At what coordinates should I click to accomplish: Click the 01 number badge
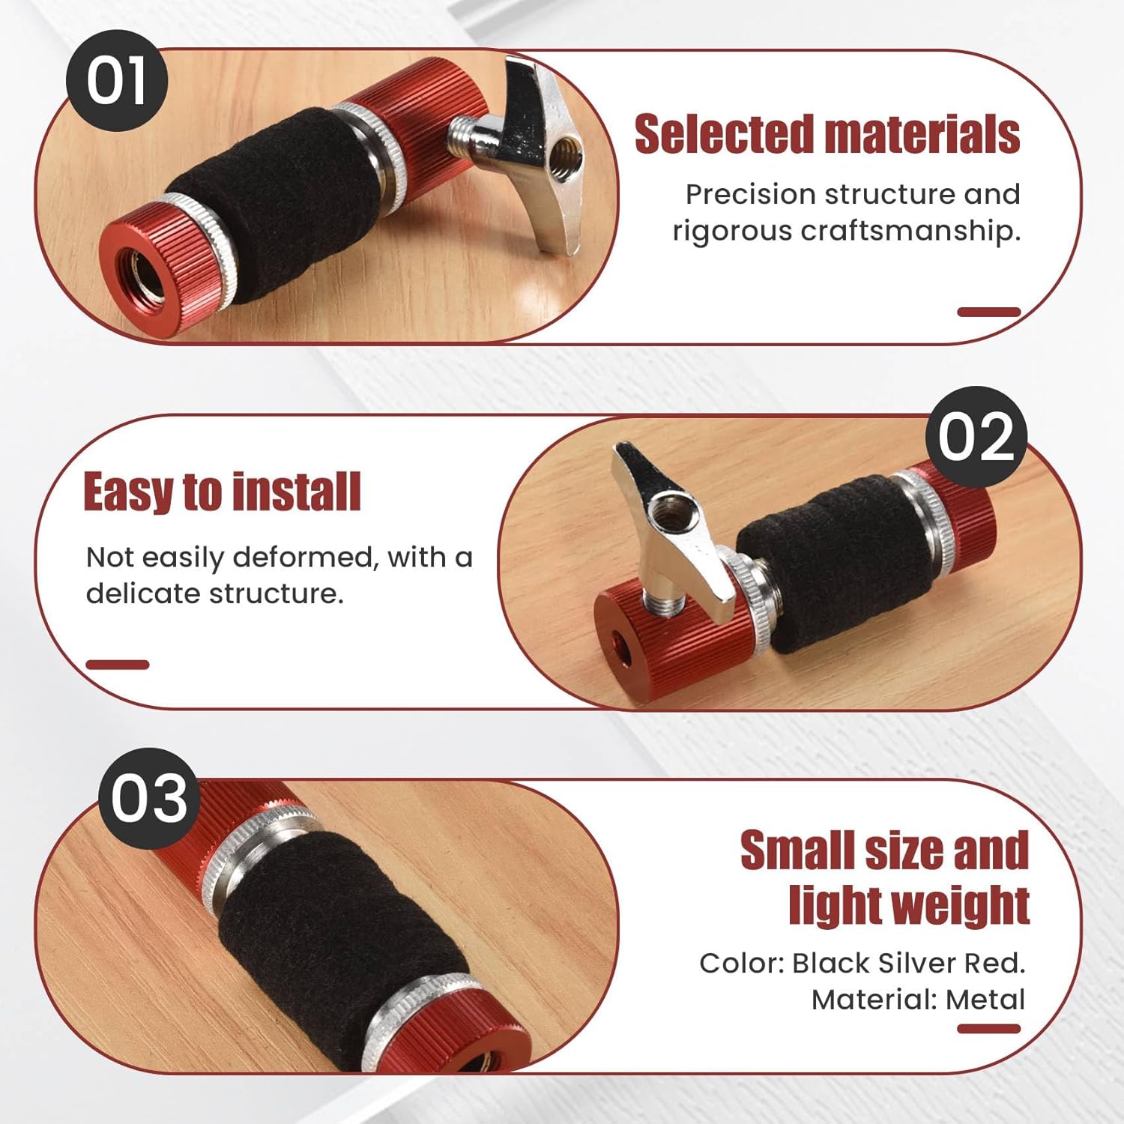(x=116, y=81)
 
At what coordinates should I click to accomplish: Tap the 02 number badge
(x=976, y=437)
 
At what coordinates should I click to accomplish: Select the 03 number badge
(x=149, y=798)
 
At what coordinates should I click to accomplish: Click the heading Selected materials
(x=827, y=135)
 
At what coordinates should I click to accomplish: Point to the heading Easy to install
(x=222, y=492)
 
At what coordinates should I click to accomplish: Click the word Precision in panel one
(x=750, y=194)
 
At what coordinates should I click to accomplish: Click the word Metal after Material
(x=985, y=999)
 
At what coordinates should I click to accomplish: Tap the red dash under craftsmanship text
(x=988, y=312)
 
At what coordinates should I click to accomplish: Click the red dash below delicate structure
(x=118, y=664)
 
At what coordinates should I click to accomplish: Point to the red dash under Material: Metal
(x=988, y=1029)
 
